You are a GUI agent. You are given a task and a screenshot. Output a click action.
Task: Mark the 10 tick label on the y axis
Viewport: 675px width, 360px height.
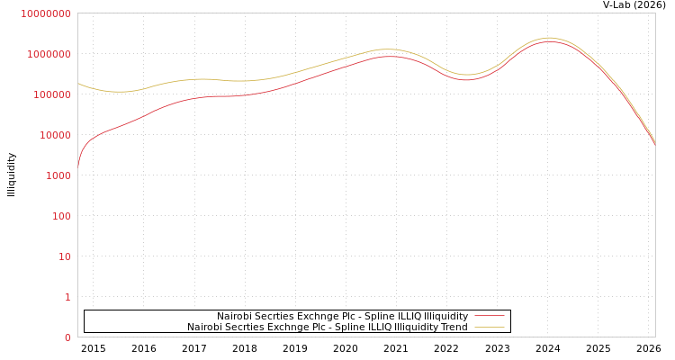(64, 256)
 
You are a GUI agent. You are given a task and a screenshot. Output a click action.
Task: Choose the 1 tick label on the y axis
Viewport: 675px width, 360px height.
(67, 297)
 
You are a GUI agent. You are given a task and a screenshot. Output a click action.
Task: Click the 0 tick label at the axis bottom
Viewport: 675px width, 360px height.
(67, 337)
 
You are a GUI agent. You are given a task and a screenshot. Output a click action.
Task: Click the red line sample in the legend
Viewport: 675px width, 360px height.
(489, 317)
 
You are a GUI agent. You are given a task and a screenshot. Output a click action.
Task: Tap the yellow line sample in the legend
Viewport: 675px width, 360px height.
(489, 328)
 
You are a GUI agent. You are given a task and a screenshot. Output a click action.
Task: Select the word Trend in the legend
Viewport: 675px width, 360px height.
(453, 328)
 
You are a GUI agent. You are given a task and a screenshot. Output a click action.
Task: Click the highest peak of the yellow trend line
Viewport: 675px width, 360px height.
(548, 38)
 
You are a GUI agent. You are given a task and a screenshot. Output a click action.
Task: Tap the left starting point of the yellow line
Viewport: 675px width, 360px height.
(78, 84)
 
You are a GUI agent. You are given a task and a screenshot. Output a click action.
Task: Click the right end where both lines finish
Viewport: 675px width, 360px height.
(654, 143)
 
